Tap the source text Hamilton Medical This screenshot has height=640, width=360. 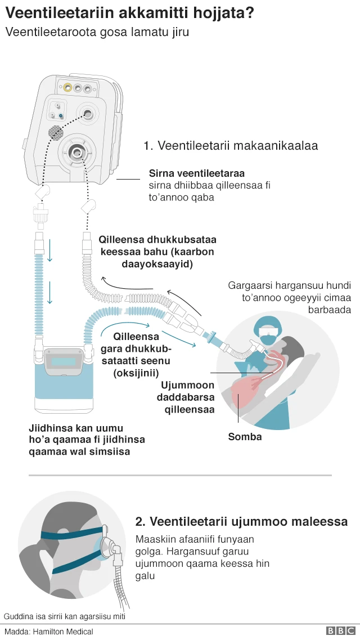pyautogui.click(x=62, y=632)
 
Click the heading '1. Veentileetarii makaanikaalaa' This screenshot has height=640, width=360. pyautogui.click(x=231, y=146)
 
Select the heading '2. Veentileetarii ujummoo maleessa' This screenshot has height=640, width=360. pyautogui.click(x=241, y=522)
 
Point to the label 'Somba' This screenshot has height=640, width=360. pyautogui.click(x=245, y=436)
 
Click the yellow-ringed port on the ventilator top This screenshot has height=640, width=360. pyautogui.click(x=67, y=88)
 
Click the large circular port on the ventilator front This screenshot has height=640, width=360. pyautogui.click(x=76, y=151)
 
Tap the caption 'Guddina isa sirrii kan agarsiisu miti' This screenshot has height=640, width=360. pyautogui.click(x=64, y=616)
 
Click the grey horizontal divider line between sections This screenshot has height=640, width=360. pyautogui.click(x=180, y=475)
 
